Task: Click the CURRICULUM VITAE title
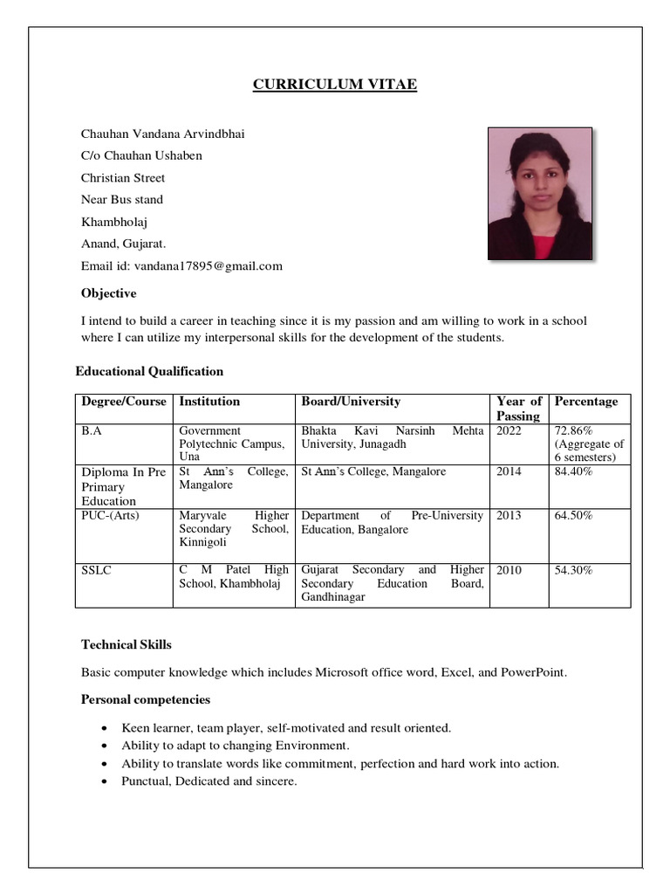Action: point(335,85)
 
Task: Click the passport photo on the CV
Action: point(539,194)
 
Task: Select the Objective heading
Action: point(109,293)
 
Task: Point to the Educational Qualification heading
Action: point(149,371)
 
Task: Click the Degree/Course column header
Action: point(123,402)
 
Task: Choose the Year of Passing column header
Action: point(518,409)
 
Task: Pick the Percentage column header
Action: point(586,402)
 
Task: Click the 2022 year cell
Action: point(509,431)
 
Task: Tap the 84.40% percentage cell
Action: point(574,472)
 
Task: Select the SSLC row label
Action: point(97,570)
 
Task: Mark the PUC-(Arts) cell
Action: point(110,516)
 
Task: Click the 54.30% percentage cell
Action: point(574,570)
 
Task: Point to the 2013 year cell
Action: point(509,516)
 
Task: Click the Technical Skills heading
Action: point(126,645)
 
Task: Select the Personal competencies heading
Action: point(146,699)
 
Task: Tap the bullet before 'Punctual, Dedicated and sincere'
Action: point(106,782)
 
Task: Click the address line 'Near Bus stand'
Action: point(122,200)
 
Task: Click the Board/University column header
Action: point(351,402)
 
